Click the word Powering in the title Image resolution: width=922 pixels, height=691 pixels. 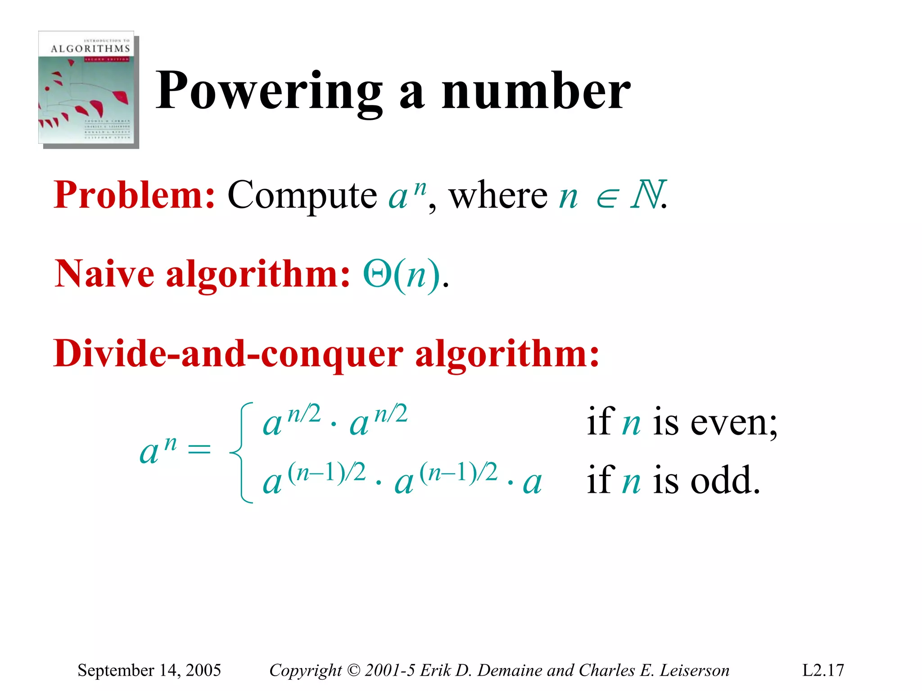click(x=269, y=91)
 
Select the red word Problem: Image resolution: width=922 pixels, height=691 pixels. click(x=134, y=195)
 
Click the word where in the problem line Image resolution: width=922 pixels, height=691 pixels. click(x=498, y=195)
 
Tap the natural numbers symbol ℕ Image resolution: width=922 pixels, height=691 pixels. click(x=647, y=195)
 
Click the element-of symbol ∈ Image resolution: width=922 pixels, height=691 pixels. click(x=606, y=199)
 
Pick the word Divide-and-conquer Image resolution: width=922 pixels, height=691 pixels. click(x=228, y=354)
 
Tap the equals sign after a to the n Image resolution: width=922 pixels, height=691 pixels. click(x=199, y=449)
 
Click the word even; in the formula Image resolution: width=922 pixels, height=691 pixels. click(x=733, y=423)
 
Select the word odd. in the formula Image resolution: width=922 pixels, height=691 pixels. click(x=725, y=480)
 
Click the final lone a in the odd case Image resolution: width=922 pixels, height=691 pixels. click(x=532, y=483)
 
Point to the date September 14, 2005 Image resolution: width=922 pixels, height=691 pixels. click(x=149, y=670)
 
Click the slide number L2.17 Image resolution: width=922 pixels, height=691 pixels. click(x=823, y=670)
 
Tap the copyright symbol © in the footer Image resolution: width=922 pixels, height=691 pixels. click(x=354, y=671)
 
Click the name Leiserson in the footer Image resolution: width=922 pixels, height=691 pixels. click(x=694, y=670)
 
